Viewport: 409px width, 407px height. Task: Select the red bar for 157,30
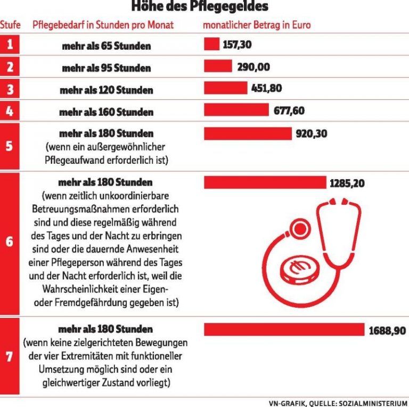pyautogui.click(x=211, y=44)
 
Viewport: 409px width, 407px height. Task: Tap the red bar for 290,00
pyautogui.click(x=218, y=66)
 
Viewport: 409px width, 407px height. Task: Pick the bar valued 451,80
pyautogui.click(x=225, y=88)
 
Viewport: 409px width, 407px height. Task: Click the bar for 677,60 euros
pyautogui.click(x=236, y=110)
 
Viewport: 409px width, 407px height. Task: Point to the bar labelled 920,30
pyautogui.click(x=248, y=133)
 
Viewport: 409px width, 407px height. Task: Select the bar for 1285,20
pyautogui.click(x=265, y=183)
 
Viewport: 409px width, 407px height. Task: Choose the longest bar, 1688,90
pyautogui.click(x=284, y=330)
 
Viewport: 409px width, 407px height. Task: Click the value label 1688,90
pyautogui.click(x=387, y=331)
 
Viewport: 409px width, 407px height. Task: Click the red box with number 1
pyautogui.click(x=10, y=45)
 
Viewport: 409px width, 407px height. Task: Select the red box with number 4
pyautogui.click(x=10, y=111)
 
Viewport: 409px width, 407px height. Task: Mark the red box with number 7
pyautogui.click(x=10, y=356)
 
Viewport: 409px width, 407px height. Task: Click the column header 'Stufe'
pyautogui.click(x=10, y=25)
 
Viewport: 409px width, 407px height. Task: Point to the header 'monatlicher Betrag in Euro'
pyautogui.click(x=257, y=25)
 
